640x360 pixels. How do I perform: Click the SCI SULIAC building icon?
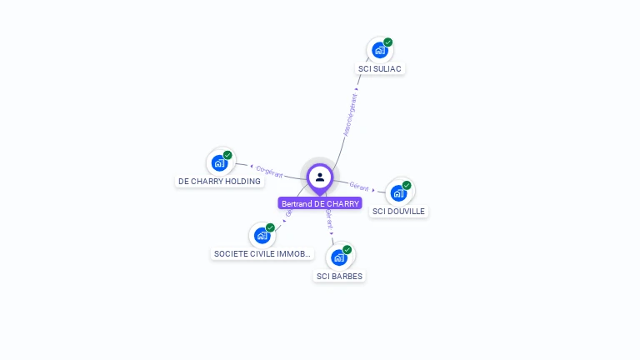tap(380, 51)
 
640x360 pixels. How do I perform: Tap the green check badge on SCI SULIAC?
tap(388, 42)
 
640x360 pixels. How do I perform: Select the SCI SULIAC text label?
tap(382, 68)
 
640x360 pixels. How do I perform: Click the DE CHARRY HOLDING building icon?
tap(220, 162)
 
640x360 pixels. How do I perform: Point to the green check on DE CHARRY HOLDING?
tap(227, 155)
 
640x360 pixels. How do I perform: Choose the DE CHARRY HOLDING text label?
tap(219, 181)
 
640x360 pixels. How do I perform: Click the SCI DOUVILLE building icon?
tap(399, 193)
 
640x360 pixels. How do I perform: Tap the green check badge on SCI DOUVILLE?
tap(407, 185)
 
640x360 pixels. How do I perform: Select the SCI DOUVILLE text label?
tap(399, 212)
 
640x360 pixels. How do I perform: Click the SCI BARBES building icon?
tap(339, 257)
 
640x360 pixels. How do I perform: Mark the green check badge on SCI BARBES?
tap(347, 250)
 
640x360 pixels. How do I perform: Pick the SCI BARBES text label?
tap(340, 276)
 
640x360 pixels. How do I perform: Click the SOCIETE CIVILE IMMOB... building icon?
tap(262, 235)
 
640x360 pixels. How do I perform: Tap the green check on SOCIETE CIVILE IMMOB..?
tap(270, 227)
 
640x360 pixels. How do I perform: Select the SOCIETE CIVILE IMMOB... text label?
tap(263, 253)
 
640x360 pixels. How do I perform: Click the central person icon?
tap(320, 177)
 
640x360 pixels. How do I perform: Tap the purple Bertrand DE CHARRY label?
tap(320, 203)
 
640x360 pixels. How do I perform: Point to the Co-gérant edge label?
tap(269, 172)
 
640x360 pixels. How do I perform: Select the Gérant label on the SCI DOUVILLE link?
tap(359, 187)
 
